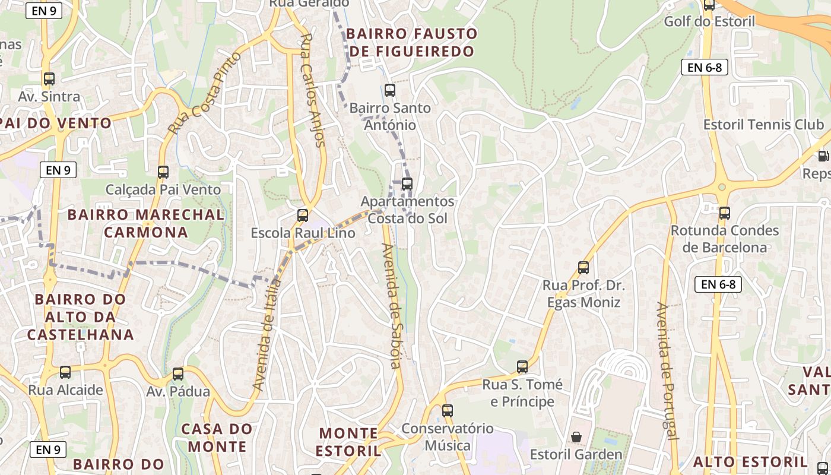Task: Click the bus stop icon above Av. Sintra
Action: pyautogui.click(x=49, y=78)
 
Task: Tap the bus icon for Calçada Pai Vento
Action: pyautogui.click(x=163, y=172)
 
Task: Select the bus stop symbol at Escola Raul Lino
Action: pyautogui.click(x=303, y=216)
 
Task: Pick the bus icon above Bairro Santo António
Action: pyautogui.click(x=390, y=90)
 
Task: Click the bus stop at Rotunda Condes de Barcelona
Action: pyautogui.click(x=724, y=213)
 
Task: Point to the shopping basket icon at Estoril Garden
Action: pyautogui.click(x=576, y=438)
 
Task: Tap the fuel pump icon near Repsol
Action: pyautogui.click(x=823, y=156)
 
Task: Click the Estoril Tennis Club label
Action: pyautogui.click(x=763, y=125)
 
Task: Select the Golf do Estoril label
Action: pyautogui.click(x=709, y=22)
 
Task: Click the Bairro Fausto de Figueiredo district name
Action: pyautogui.click(x=412, y=42)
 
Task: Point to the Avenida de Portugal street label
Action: pyautogui.click(x=667, y=371)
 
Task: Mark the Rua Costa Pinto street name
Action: pyautogui.click(x=205, y=93)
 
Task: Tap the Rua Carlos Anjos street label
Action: pyautogui.click(x=313, y=90)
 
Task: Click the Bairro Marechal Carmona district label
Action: pyautogui.click(x=146, y=223)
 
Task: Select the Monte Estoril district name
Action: pyautogui.click(x=348, y=442)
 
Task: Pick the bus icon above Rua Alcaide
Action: pyautogui.click(x=65, y=372)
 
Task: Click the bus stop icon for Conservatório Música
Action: pyautogui.click(x=448, y=410)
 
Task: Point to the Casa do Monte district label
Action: pyautogui.click(x=217, y=438)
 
